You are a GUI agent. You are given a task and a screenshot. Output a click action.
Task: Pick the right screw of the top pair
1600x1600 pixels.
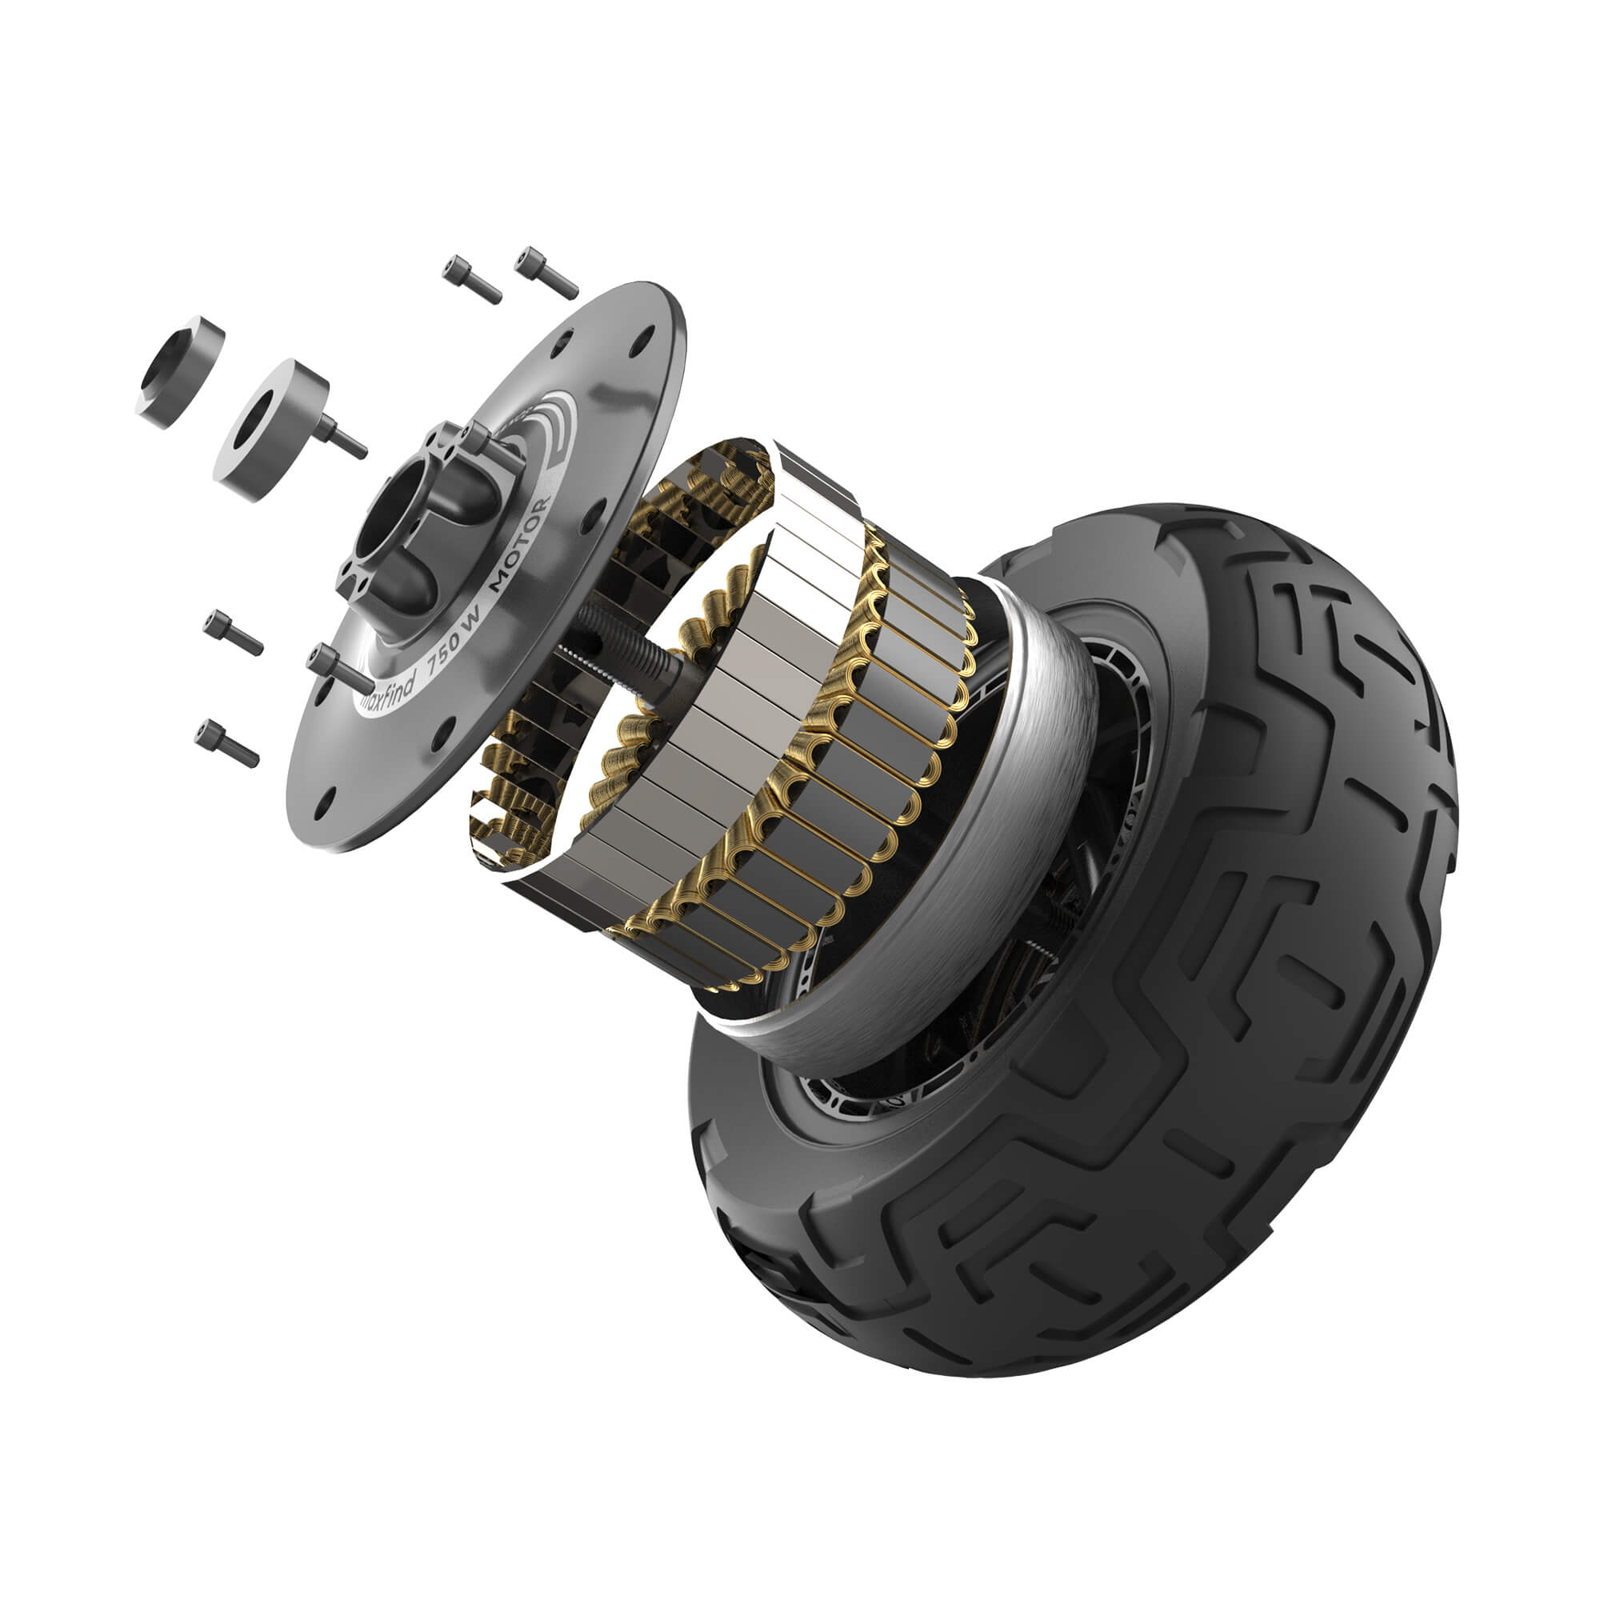pos(546,273)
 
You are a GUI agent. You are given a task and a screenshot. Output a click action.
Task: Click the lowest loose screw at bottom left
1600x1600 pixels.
pos(226,743)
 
